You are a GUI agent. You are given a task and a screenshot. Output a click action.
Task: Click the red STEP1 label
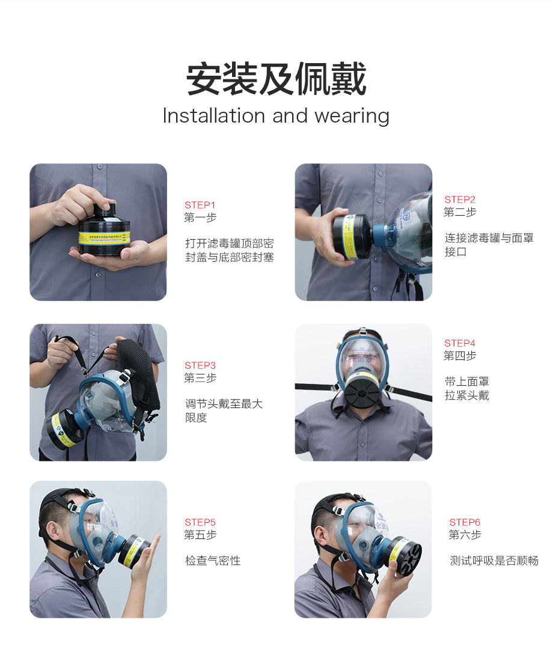click(x=200, y=205)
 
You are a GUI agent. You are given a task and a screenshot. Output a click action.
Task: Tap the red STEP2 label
click(x=460, y=200)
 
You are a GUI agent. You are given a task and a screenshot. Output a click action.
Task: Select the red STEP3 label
click(x=200, y=365)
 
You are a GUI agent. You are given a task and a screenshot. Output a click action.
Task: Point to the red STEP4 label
click(x=460, y=343)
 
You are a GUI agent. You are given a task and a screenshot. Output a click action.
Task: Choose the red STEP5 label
click(x=200, y=522)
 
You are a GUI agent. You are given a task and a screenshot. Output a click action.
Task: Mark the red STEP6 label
click(x=465, y=522)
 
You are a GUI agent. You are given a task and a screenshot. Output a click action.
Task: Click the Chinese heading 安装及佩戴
click(x=276, y=79)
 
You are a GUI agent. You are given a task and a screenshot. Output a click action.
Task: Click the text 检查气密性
click(x=213, y=561)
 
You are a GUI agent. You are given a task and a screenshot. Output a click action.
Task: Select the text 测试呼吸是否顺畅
click(x=494, y=561)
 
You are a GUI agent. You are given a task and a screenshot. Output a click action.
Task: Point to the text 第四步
click(x=460, y=355)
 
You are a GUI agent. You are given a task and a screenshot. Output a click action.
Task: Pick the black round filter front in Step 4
click(x=361, y=394)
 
